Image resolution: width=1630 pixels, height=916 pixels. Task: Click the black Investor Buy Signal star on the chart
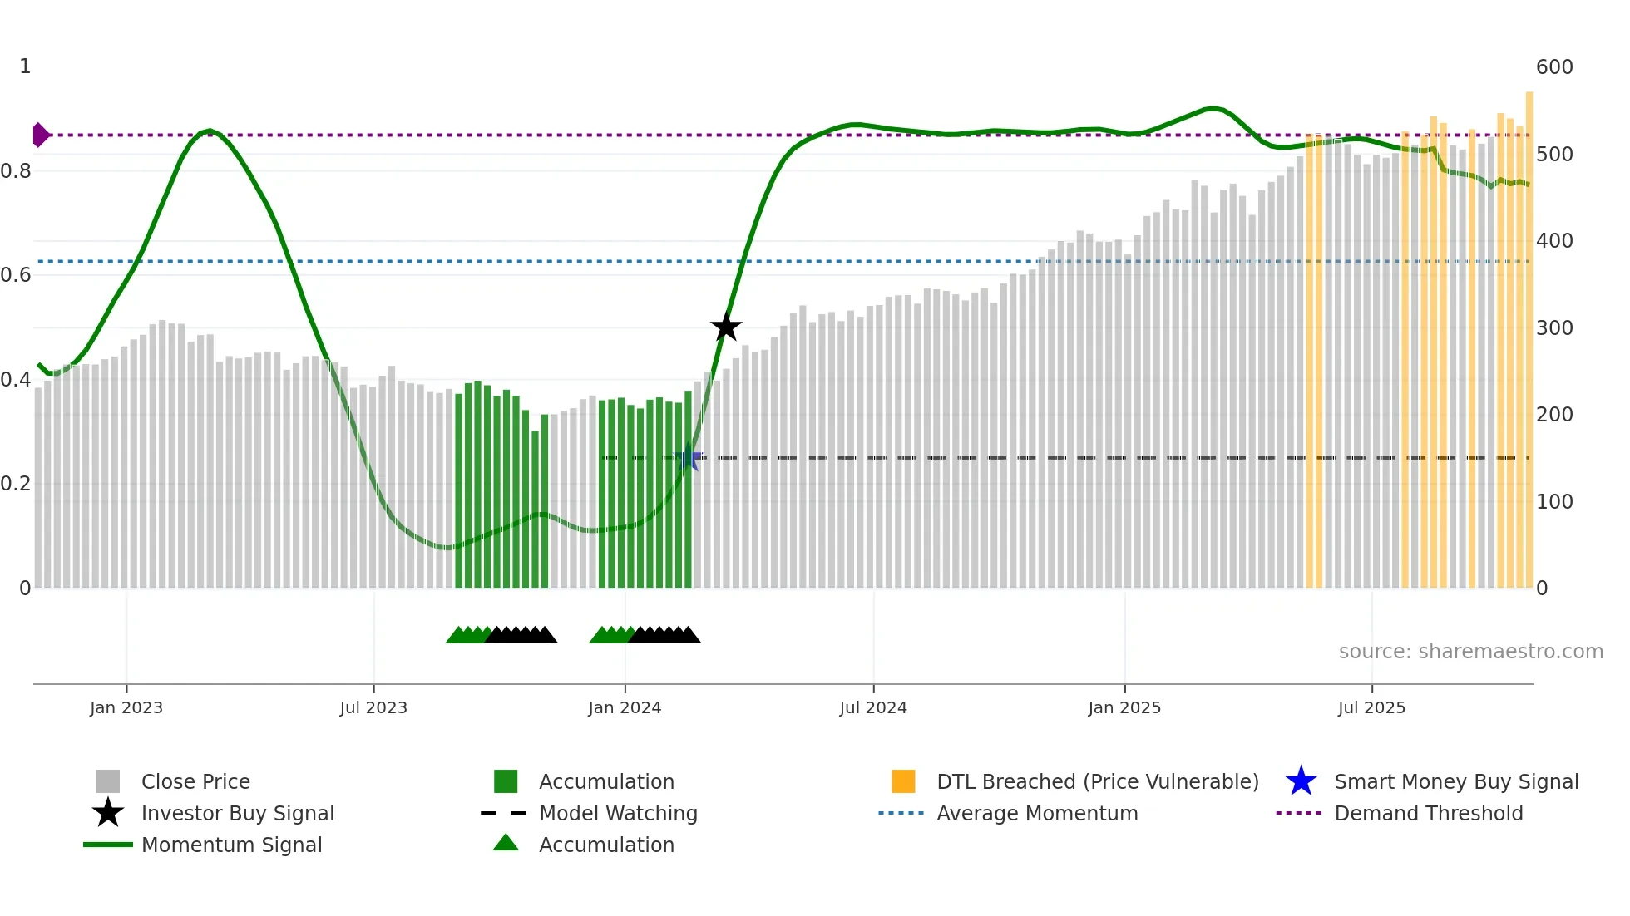(x=726, y=327)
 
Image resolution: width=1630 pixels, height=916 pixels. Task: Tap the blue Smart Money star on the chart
(x=689, y=458)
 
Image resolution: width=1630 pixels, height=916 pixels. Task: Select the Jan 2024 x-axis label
(x=625, y=708)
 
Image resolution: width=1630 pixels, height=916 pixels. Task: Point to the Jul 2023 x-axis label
(x=373, y=708)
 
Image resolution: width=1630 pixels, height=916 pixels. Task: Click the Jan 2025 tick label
(x=1124, y=708)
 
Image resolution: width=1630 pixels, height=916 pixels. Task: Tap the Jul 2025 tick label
(x=1371, y=708)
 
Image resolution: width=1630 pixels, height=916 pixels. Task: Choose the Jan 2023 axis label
(x=126, y=708)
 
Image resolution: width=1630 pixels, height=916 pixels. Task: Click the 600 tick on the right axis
(x=1554, y=67)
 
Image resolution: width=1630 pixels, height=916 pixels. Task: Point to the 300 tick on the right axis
(x=1554, y=328)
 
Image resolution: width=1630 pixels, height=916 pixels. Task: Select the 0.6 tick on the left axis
(x=16, y=275)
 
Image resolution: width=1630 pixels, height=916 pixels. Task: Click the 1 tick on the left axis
(x=25, y=66)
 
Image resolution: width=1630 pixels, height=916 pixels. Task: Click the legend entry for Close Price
(x=195, y=782)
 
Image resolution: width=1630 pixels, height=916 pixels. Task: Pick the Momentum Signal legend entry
(x=231, y=845)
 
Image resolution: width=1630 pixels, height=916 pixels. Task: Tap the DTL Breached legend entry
(x=1097, y=782)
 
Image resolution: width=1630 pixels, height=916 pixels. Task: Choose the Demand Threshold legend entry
(x=1428, y=814)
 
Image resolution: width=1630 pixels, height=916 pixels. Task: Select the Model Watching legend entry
(x=618, y=814)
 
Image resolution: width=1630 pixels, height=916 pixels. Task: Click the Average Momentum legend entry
(x=1037, y=814)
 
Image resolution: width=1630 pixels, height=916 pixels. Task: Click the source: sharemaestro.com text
(x=1470, y=652)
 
